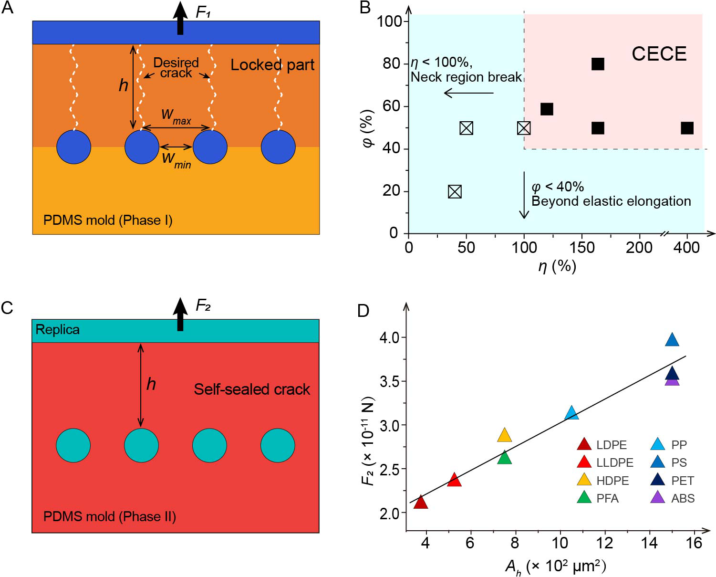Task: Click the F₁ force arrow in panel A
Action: coord(180,18)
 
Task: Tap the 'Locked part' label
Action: coord(272,65)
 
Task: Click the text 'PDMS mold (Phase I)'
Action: coord(108,220)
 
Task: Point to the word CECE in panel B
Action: coord(659,54)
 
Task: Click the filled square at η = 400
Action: coord(686,128)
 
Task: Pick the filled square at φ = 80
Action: coord(598,64)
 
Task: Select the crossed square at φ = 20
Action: coord(455,191)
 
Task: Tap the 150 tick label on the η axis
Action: coord(582,248)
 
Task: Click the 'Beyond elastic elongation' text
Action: coord(611,201)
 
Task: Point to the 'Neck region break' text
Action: coord(466,77)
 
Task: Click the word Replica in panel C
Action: coord(58,330)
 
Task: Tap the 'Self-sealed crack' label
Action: coord(252,389)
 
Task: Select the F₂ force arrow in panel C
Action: coord(180,314)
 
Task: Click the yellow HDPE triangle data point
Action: coord(504,435)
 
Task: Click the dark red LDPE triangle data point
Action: coord(420,502)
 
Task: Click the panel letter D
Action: coord(363,311)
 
